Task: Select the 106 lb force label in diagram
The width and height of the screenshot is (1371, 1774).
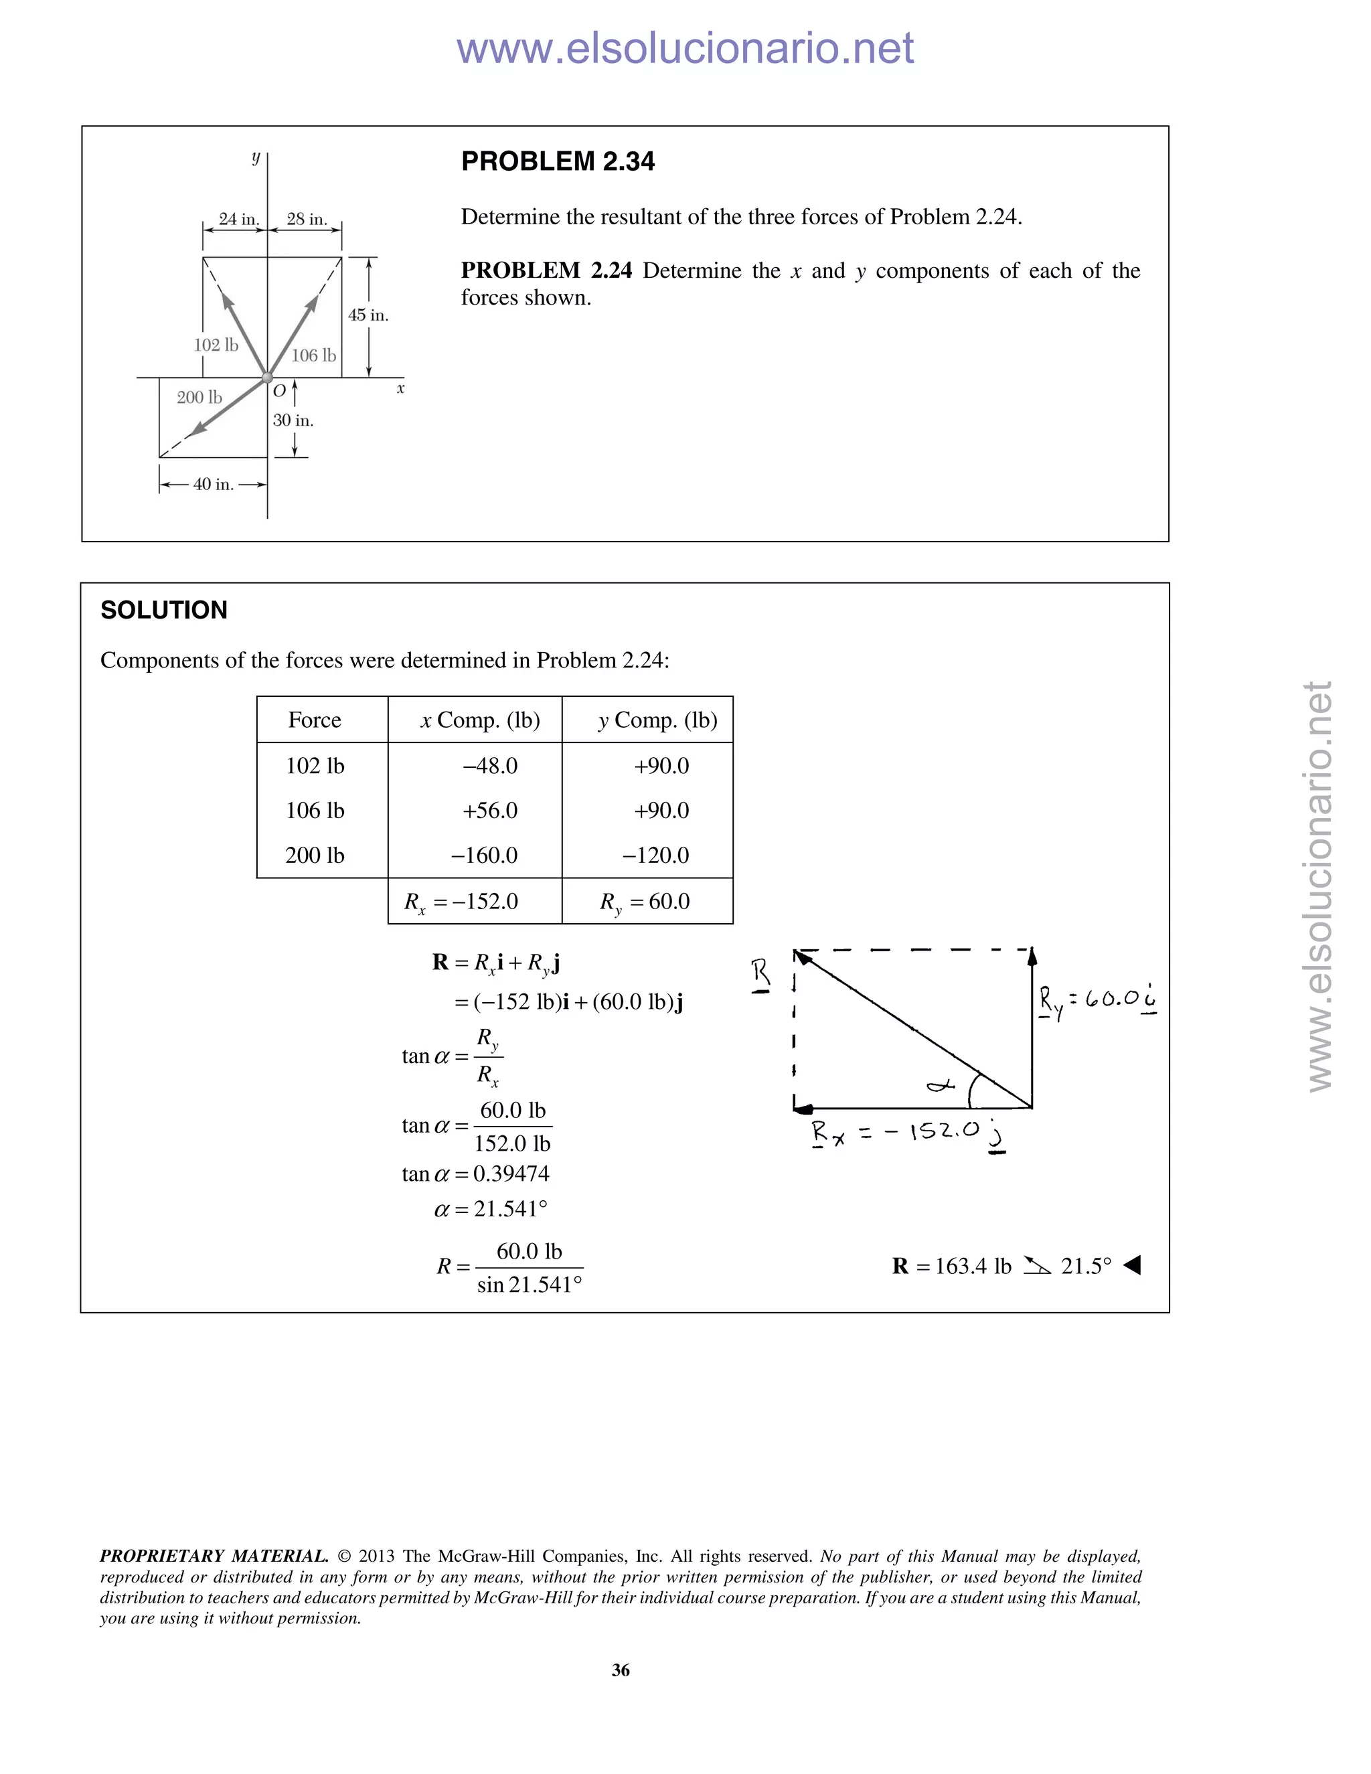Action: [x=313, y=355]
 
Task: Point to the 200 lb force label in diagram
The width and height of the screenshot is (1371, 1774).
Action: [x=199, y=397]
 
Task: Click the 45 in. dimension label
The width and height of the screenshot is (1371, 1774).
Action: [x=368, y=315]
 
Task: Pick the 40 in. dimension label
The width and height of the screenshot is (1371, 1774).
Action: [x=213, y=485]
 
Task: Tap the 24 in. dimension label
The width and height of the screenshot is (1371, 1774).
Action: [x=239, y=220]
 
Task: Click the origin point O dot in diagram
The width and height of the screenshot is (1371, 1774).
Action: [x=267, y=378]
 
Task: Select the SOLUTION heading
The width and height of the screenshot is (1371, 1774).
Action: [x=164, y=610]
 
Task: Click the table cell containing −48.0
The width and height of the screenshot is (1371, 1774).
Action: [x=490, y=766]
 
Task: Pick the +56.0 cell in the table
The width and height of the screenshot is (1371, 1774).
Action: [x=490, y=811]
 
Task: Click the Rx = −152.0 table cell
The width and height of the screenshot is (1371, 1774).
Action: [x=461, y=902]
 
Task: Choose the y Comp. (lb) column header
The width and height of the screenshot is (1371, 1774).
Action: [x=658, y=720]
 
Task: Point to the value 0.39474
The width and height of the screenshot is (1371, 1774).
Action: [x=511, y=1174]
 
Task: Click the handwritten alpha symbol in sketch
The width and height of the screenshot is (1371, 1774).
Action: [x=941, y=1084]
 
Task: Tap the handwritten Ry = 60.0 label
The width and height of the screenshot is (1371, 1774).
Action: [x=1097, y=999]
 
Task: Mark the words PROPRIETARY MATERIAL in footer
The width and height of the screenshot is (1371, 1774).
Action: [x=214, y=1556]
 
